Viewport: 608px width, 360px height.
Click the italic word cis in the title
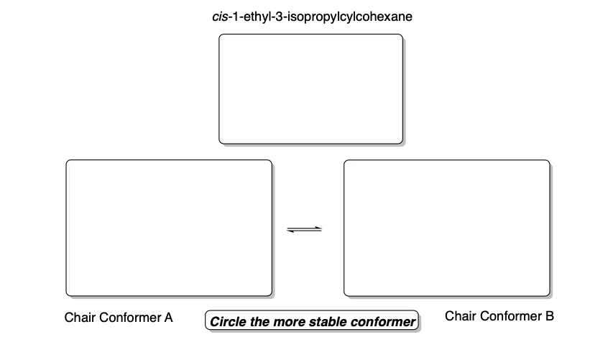(212, 16)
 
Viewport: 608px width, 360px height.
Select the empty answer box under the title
(310, 89)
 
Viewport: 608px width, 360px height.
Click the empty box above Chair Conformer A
(169, 228)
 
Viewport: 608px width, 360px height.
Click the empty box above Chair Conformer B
(446, 228)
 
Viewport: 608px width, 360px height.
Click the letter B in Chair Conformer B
(550, 315)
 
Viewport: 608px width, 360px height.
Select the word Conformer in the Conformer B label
(510, 315)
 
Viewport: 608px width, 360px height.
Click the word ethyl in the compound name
(252, 16)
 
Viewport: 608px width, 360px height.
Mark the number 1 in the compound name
(230, 16)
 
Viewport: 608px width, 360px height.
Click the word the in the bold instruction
(259, 321)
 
